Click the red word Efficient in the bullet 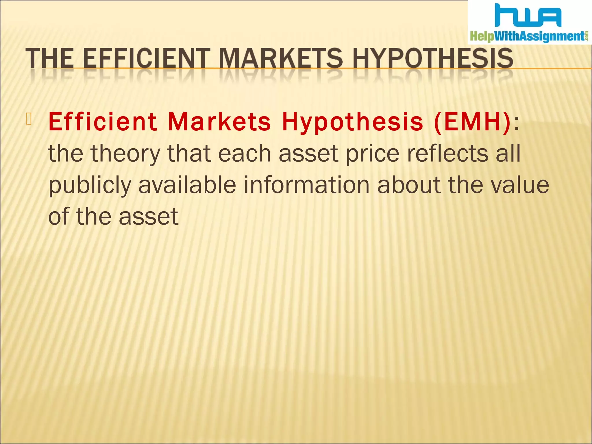point(103,122)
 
